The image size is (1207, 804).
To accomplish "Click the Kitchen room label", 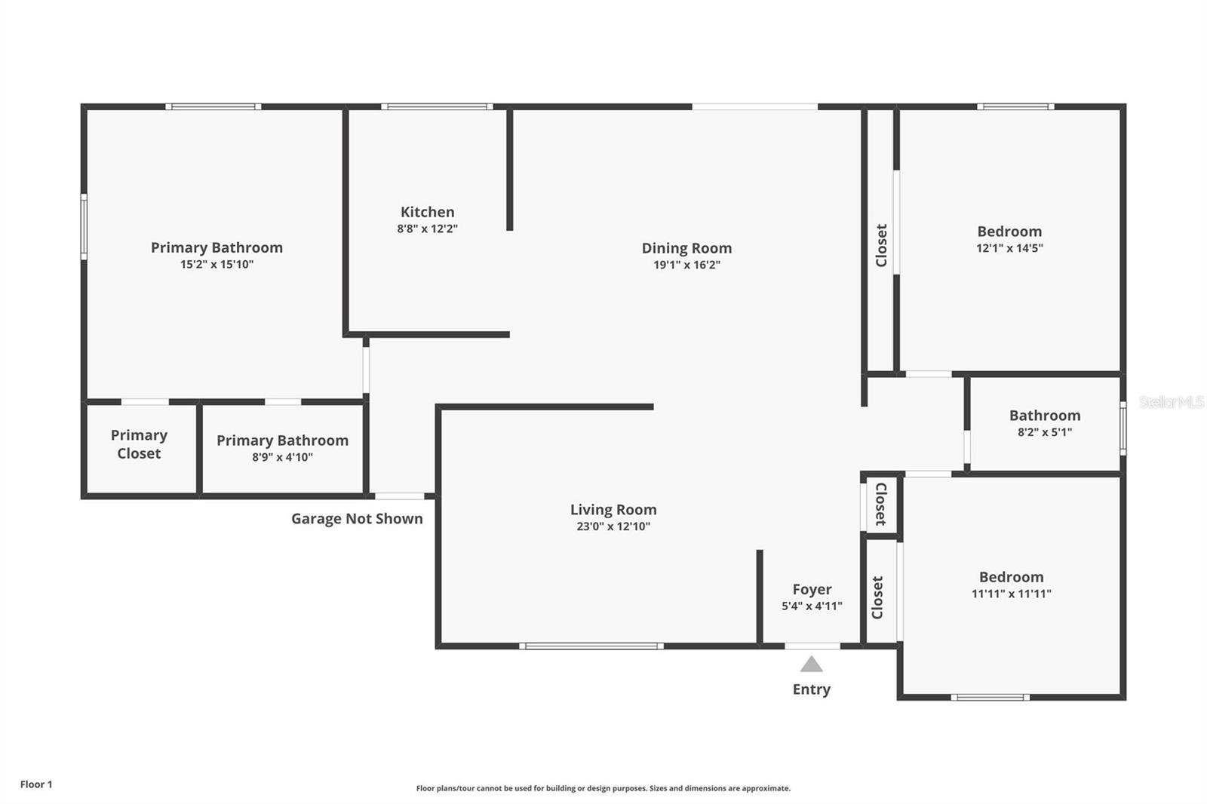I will coord(427,212).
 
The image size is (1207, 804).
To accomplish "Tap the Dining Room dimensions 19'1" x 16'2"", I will coord(686,265).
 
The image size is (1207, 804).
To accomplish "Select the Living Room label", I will coord(613,510).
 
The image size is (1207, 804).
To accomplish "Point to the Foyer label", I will coord(812,589).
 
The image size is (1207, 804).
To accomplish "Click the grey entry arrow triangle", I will coord(811,664).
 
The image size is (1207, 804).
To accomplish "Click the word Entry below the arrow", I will coord(811,689).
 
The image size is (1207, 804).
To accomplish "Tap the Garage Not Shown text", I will coord(357,519).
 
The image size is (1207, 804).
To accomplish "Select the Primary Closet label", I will coord(139,444).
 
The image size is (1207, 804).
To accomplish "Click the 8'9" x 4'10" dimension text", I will coord(282,457).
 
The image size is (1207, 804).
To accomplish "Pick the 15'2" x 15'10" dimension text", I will coord(217,265).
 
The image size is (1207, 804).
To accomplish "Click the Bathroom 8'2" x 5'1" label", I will coord(1044,422).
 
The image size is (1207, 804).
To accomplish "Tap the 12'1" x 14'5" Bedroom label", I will coord(1009,238).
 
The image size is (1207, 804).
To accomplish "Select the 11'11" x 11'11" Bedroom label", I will coord(1011,585).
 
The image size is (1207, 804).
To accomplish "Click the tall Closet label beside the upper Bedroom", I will coord(880,245).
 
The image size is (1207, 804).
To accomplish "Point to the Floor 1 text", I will coord(36,784).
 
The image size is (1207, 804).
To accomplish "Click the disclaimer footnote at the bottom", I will coord(603,788).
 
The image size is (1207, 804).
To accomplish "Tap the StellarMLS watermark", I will coord(1171,403).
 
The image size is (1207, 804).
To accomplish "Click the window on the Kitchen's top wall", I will coord(437,106).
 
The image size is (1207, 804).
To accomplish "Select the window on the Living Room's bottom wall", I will coord(591,646).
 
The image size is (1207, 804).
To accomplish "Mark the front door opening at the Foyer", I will coord(812,646).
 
